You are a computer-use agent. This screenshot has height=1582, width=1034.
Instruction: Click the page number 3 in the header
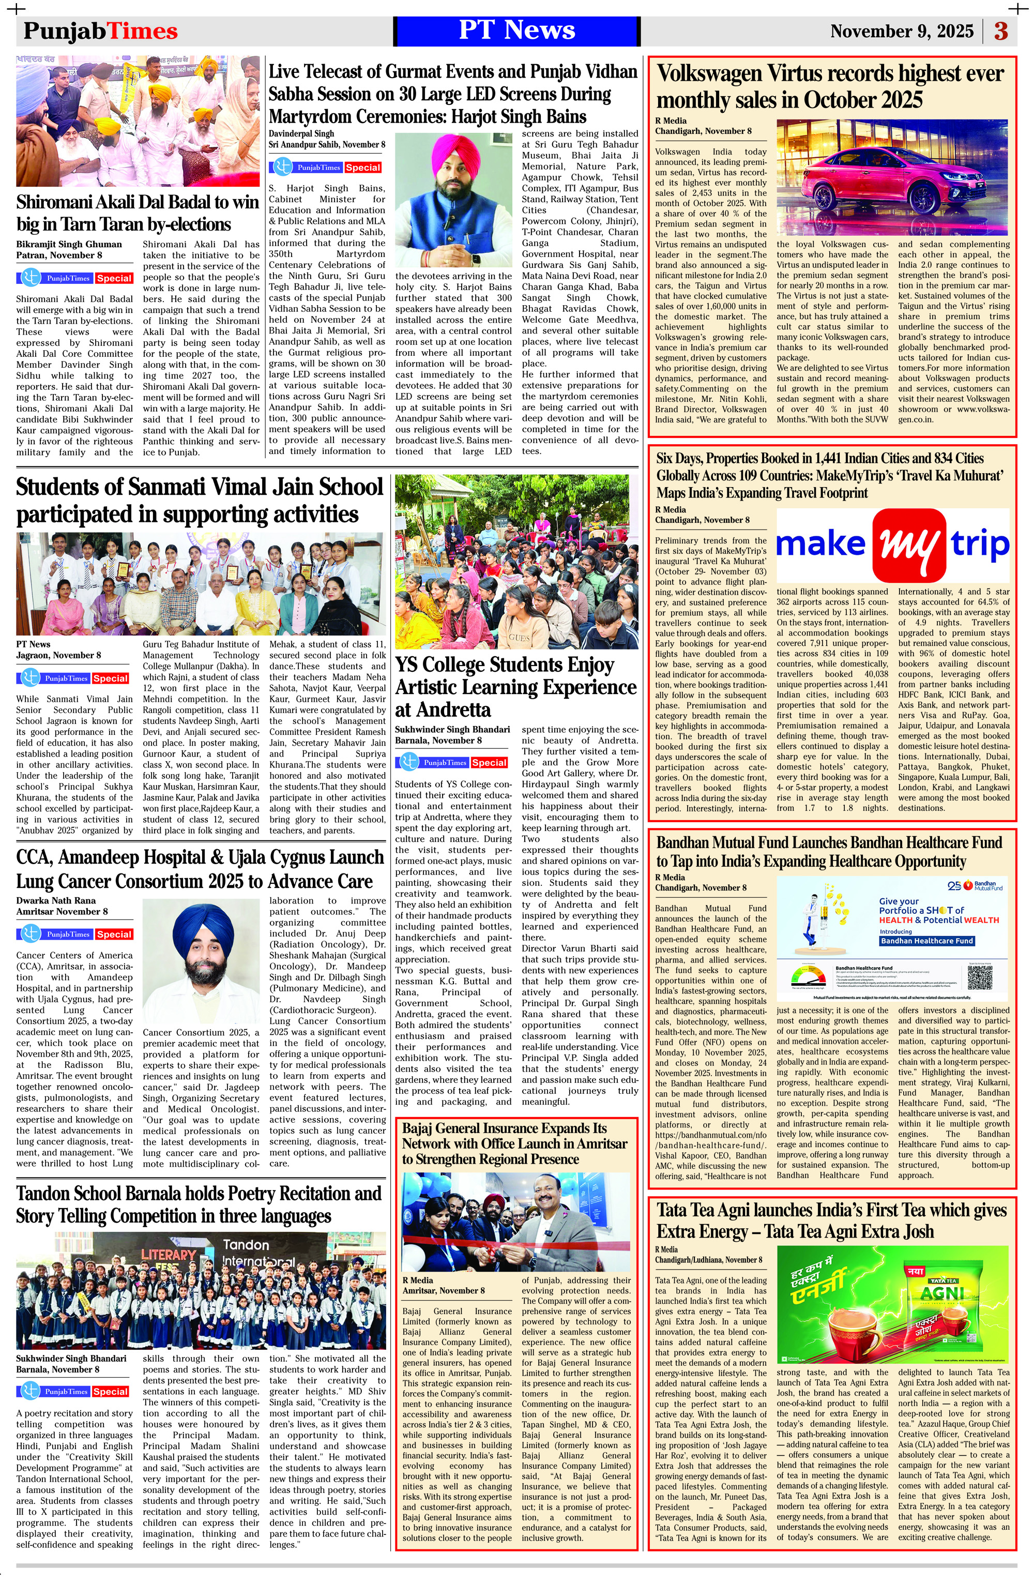pos(1001,31)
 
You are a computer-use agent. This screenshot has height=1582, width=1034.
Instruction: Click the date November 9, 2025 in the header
pos(901,31)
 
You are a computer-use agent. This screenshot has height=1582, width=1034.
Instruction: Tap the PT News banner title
pos(516,31)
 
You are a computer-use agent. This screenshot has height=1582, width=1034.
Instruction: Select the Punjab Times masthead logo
pos(100,31)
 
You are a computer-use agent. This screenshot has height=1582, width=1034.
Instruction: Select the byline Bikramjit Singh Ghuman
pos(69,244)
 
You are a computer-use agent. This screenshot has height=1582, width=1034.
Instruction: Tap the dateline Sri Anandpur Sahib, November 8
pos(326,144)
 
